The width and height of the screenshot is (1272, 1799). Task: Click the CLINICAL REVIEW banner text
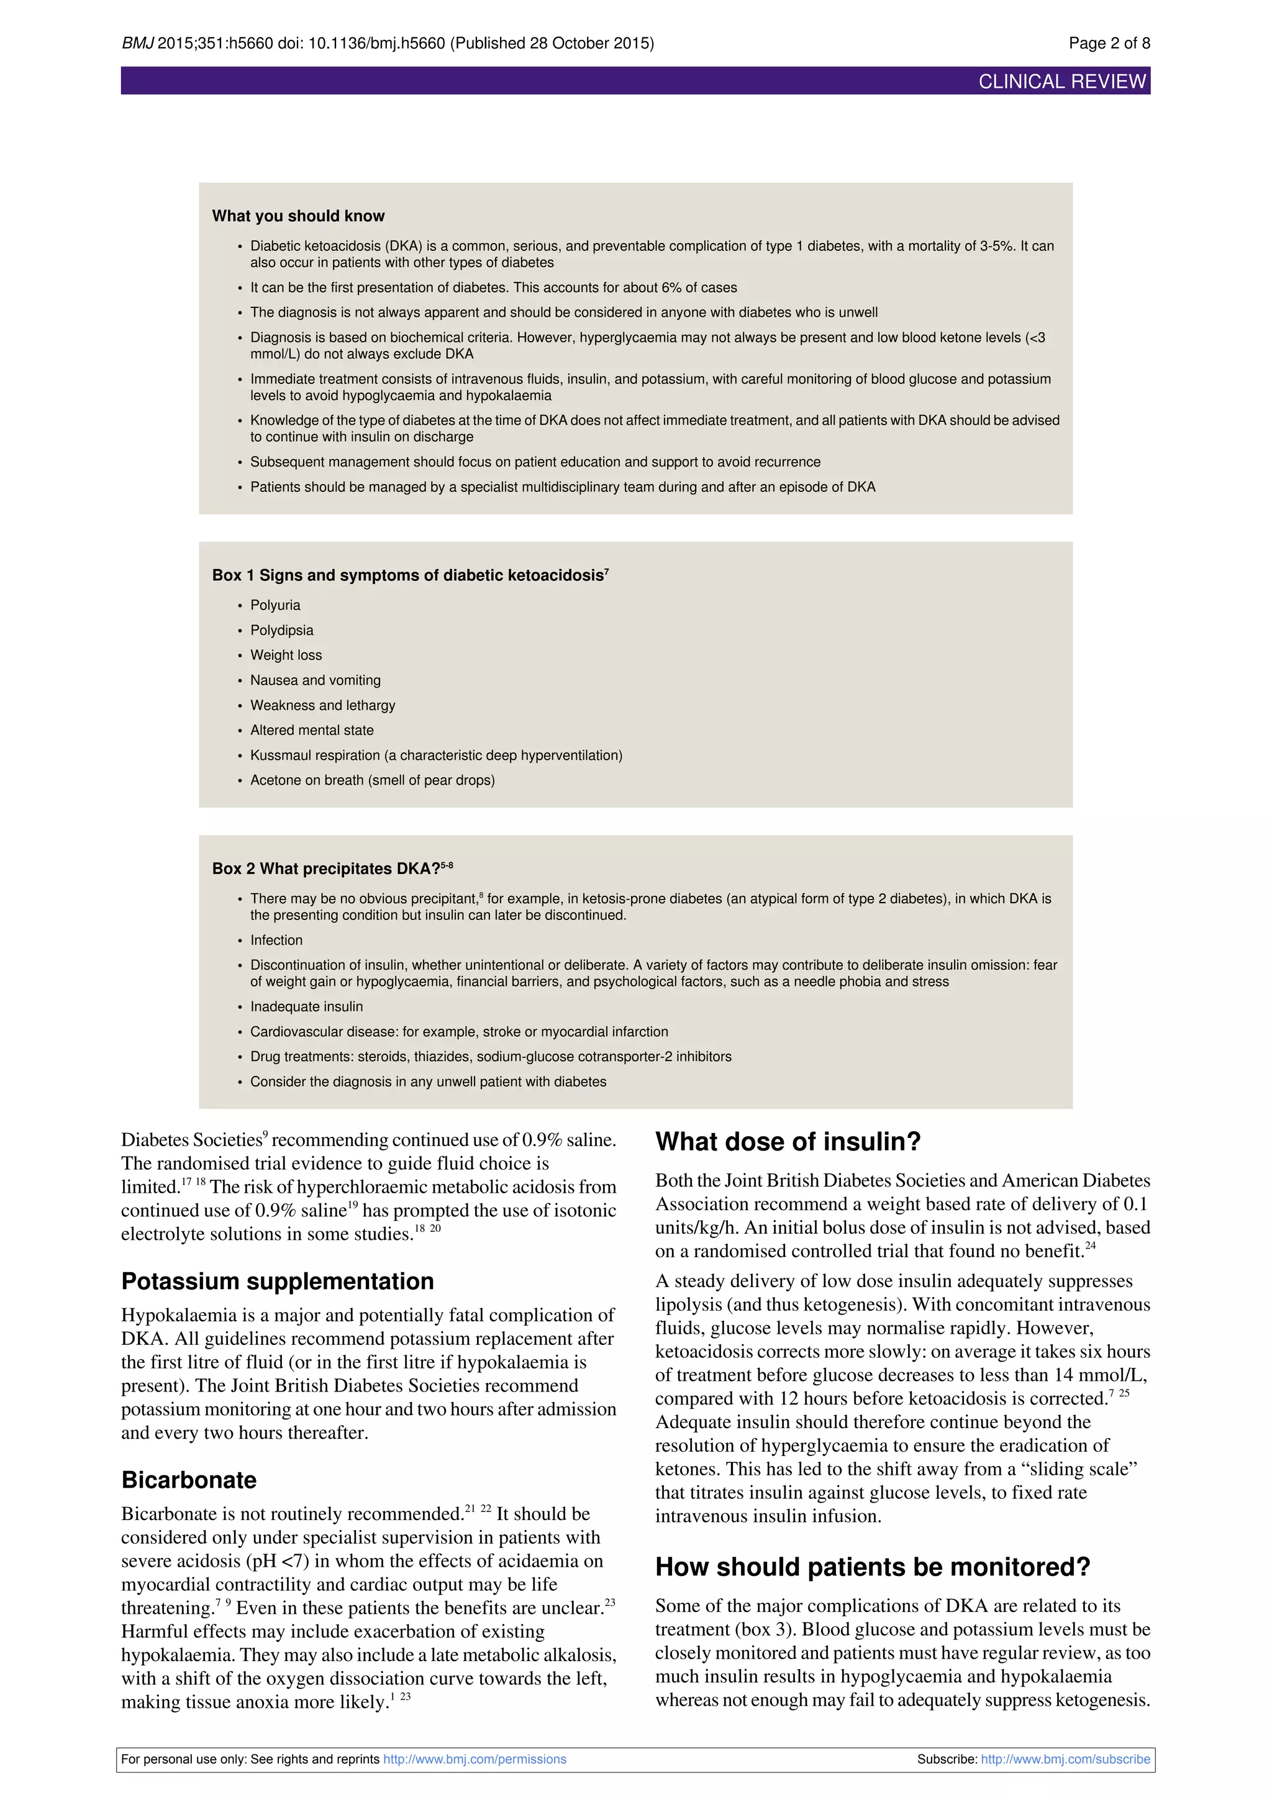pyautogui.click(x=1061, y=81)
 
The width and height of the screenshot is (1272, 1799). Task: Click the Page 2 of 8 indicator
pyautogui.click(x=1109, y=43)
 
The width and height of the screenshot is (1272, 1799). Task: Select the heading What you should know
pyautogui.click(x=298, y=216)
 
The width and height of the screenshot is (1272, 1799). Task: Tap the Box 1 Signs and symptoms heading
pyautogui.click(x=410, y=575)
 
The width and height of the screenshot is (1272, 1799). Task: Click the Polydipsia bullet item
pyautogui.click(x=281, y=630)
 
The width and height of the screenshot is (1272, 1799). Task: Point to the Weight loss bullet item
pyautogui.click(x=285, y=655)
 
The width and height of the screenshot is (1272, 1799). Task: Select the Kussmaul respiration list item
pyautogui.click(x=435, y=755)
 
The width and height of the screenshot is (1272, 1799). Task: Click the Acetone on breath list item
pyautogui.click(x=372, y=780)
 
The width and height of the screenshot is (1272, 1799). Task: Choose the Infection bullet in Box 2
pyautogui.click(x=276, y=940)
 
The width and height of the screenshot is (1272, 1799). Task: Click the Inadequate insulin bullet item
pyautogui.click(x=306, y=1007)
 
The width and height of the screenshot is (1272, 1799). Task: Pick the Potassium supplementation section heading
pyautogui.click(x=277, y=1281)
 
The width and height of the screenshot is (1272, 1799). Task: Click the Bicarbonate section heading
pyautogui.click(x=189, y=1480)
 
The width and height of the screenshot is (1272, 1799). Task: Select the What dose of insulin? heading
pyautogui.click(x=787, y=1142)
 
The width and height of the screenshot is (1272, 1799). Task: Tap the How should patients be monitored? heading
pyautogui.click(x=872, y=1567)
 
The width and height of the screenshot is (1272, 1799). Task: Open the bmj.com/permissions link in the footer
pyautogui.click(x=474, y=1759)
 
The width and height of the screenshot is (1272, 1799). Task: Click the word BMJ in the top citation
pyautogui.click(x=137, y=43)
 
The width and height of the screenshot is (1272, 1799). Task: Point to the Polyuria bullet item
pyautogui.click(x=275, y=605)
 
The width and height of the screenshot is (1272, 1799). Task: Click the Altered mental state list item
pyautogui.click(x=312, y=731)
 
